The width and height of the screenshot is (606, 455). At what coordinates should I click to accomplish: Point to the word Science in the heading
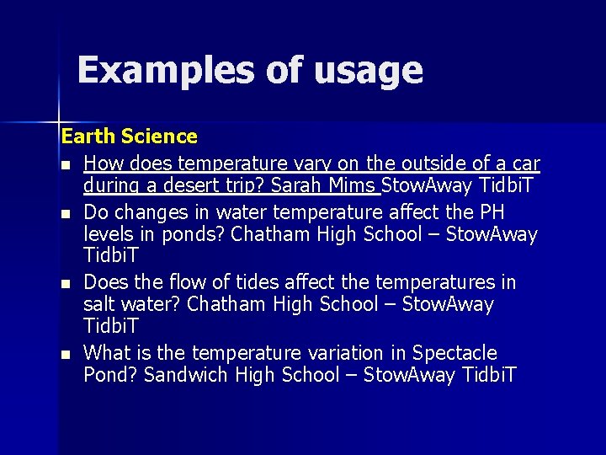point(159,136)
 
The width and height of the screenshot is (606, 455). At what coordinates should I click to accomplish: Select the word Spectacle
point(455,353)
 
